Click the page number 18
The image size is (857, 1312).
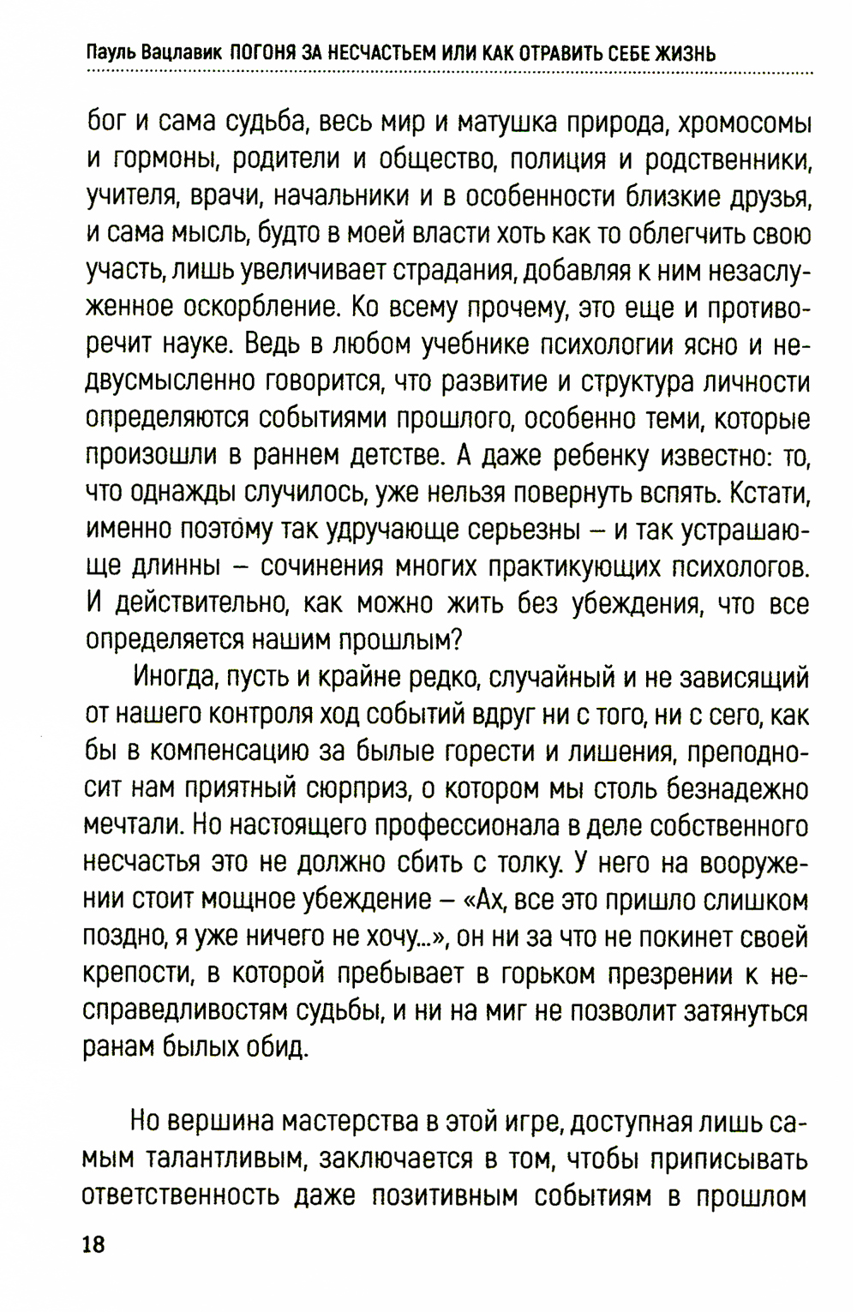point(93,1245)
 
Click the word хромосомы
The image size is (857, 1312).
point(743,123)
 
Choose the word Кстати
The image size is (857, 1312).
point(767,493)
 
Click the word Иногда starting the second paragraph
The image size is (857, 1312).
point(175,679)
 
